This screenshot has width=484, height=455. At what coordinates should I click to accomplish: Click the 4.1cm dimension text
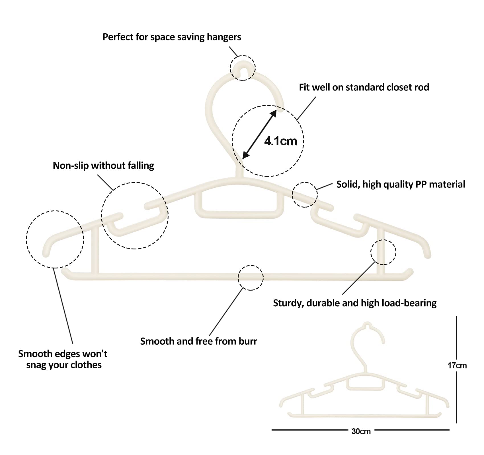click(280, 141)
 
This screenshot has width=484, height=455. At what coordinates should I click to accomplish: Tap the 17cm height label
click(457, 366)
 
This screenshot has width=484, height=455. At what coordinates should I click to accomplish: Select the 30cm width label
click(361, 431)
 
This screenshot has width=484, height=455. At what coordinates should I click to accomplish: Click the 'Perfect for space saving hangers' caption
click(172, 37)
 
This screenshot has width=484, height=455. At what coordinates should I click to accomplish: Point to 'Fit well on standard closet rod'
click(364, 87)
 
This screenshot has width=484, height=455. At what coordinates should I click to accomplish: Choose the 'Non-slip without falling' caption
click(103, 166)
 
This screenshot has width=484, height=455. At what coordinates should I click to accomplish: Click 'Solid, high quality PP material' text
click(401, 184)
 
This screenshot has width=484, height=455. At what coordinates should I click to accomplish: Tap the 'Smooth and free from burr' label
click(198, 341)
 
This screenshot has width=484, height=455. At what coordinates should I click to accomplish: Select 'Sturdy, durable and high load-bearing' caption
click(355, 303)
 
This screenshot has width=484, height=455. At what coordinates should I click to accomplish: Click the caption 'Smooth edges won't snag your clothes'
click(63, 359)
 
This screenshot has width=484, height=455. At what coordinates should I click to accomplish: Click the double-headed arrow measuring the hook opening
click(259, 134)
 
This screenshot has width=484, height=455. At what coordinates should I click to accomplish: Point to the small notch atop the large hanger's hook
click(242, 68)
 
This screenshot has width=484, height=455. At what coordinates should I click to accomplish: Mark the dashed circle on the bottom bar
click(251, 278)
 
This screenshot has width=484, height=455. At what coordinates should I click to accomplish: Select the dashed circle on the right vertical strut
click(383, 252)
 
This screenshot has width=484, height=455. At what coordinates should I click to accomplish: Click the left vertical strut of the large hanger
click(95, 250)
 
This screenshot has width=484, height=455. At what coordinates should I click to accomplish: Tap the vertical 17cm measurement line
click(457, 336)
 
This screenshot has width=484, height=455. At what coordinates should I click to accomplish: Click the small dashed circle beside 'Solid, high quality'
click(305, 195)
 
